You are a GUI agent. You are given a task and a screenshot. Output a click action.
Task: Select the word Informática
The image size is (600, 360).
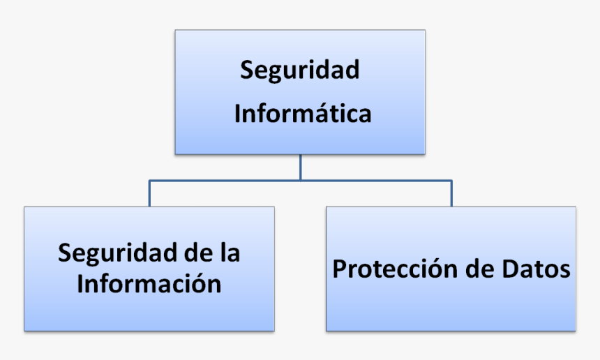(x=303, y=112)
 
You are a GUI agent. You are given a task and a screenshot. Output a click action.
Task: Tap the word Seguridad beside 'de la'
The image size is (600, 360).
(x=117, y=254)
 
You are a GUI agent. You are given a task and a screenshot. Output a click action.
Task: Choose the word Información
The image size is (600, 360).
(x=149, y=283)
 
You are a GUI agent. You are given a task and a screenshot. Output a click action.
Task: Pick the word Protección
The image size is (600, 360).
(x=395, y=268)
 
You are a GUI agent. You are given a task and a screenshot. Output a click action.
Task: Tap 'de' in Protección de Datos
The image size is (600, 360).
(x=480, y=268)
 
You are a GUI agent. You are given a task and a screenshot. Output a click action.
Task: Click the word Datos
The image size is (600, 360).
(x=536, y=269)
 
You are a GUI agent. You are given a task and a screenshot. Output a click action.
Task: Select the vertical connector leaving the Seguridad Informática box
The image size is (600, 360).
(x=301, y=167)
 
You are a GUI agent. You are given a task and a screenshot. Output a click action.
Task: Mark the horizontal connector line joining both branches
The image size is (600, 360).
(x=301, y=180)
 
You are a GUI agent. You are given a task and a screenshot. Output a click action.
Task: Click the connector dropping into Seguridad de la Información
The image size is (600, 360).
(x=149, y=193)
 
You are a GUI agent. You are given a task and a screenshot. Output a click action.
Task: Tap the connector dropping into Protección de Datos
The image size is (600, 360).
(x=451, y=193)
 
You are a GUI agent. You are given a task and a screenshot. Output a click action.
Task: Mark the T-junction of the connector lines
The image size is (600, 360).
(x=301, y=180)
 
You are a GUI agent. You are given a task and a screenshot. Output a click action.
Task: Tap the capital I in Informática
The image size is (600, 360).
(x=238, y=113)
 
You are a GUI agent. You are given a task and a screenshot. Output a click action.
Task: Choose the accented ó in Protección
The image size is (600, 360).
(x=436, y=268)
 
